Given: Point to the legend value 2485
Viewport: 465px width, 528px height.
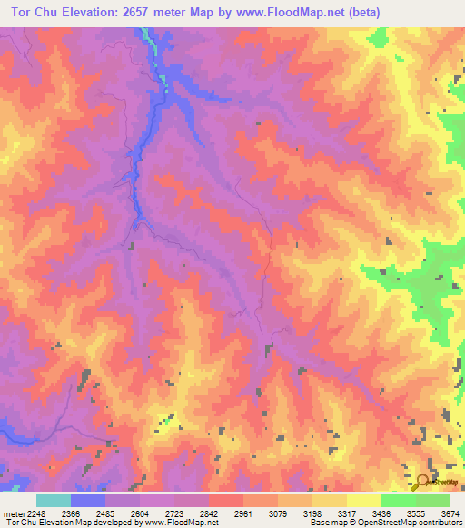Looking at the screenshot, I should coord(123,513).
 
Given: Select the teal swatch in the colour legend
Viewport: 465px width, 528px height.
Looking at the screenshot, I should coord(54,499).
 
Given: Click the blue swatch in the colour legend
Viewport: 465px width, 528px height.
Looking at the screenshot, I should coord(88,499).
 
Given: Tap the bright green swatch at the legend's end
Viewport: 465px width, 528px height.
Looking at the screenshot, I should coord(433,499).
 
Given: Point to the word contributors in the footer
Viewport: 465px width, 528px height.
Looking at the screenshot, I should coord(440,523).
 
